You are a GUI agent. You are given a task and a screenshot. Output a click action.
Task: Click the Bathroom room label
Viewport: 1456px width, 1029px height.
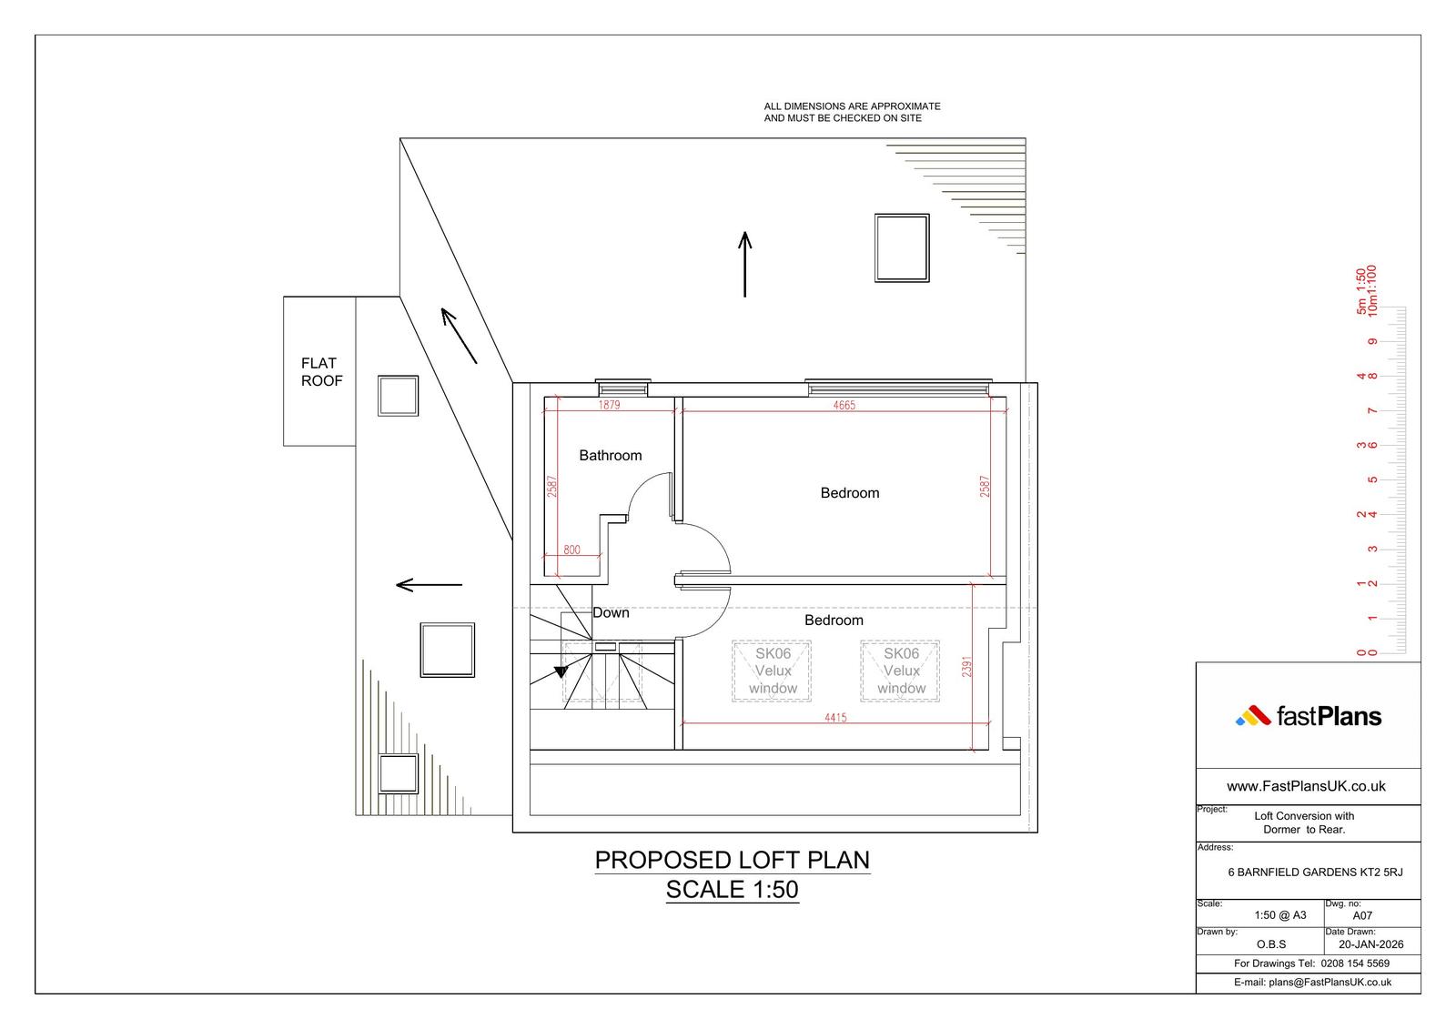tap(611, 456)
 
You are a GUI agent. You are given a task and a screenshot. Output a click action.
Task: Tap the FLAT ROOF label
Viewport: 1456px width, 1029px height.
tap(321, 372)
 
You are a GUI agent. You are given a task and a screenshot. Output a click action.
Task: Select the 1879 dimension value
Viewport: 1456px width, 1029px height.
tap(609, 405)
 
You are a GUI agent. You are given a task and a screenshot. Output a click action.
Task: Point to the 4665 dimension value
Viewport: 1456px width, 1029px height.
tap(844, 405)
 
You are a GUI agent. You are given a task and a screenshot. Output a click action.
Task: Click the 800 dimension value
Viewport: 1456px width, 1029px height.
tap(571, 550)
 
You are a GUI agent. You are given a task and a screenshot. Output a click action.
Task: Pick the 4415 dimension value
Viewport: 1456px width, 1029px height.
tap(835, 718)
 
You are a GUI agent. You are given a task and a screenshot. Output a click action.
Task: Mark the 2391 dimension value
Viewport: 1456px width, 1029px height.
tap(966, 666)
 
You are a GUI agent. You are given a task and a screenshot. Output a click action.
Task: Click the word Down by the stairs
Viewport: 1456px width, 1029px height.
tap(611, 612)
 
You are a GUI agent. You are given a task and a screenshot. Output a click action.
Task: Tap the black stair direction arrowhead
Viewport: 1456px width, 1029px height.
tap(561, 672)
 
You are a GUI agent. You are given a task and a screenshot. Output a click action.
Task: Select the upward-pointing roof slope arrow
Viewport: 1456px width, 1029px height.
tap(745, 265)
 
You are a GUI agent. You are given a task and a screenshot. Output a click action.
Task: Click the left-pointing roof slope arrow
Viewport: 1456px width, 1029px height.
tap(429, 585)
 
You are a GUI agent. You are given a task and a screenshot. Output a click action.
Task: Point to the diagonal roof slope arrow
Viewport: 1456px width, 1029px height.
tap(459, 336)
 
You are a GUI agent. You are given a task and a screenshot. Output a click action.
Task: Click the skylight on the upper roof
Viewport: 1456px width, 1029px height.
tap(902, 247)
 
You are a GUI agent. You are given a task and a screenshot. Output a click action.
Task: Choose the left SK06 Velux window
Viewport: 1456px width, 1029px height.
tap(772, 671)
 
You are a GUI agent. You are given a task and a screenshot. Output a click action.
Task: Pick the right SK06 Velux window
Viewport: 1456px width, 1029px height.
tap(900, 671)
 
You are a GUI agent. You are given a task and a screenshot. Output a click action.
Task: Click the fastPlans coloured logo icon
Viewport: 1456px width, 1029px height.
tap(1252, 716)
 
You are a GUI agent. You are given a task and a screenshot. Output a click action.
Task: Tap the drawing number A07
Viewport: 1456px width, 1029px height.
tap(1362, 916)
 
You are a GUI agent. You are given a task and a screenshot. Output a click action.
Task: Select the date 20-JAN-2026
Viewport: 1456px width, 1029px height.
tap(1370, 944)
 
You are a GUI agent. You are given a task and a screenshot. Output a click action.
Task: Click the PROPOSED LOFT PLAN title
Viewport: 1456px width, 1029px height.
tap(732, 860)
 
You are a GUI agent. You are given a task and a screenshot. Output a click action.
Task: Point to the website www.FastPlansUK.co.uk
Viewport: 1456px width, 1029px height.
tap(1306, 787)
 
